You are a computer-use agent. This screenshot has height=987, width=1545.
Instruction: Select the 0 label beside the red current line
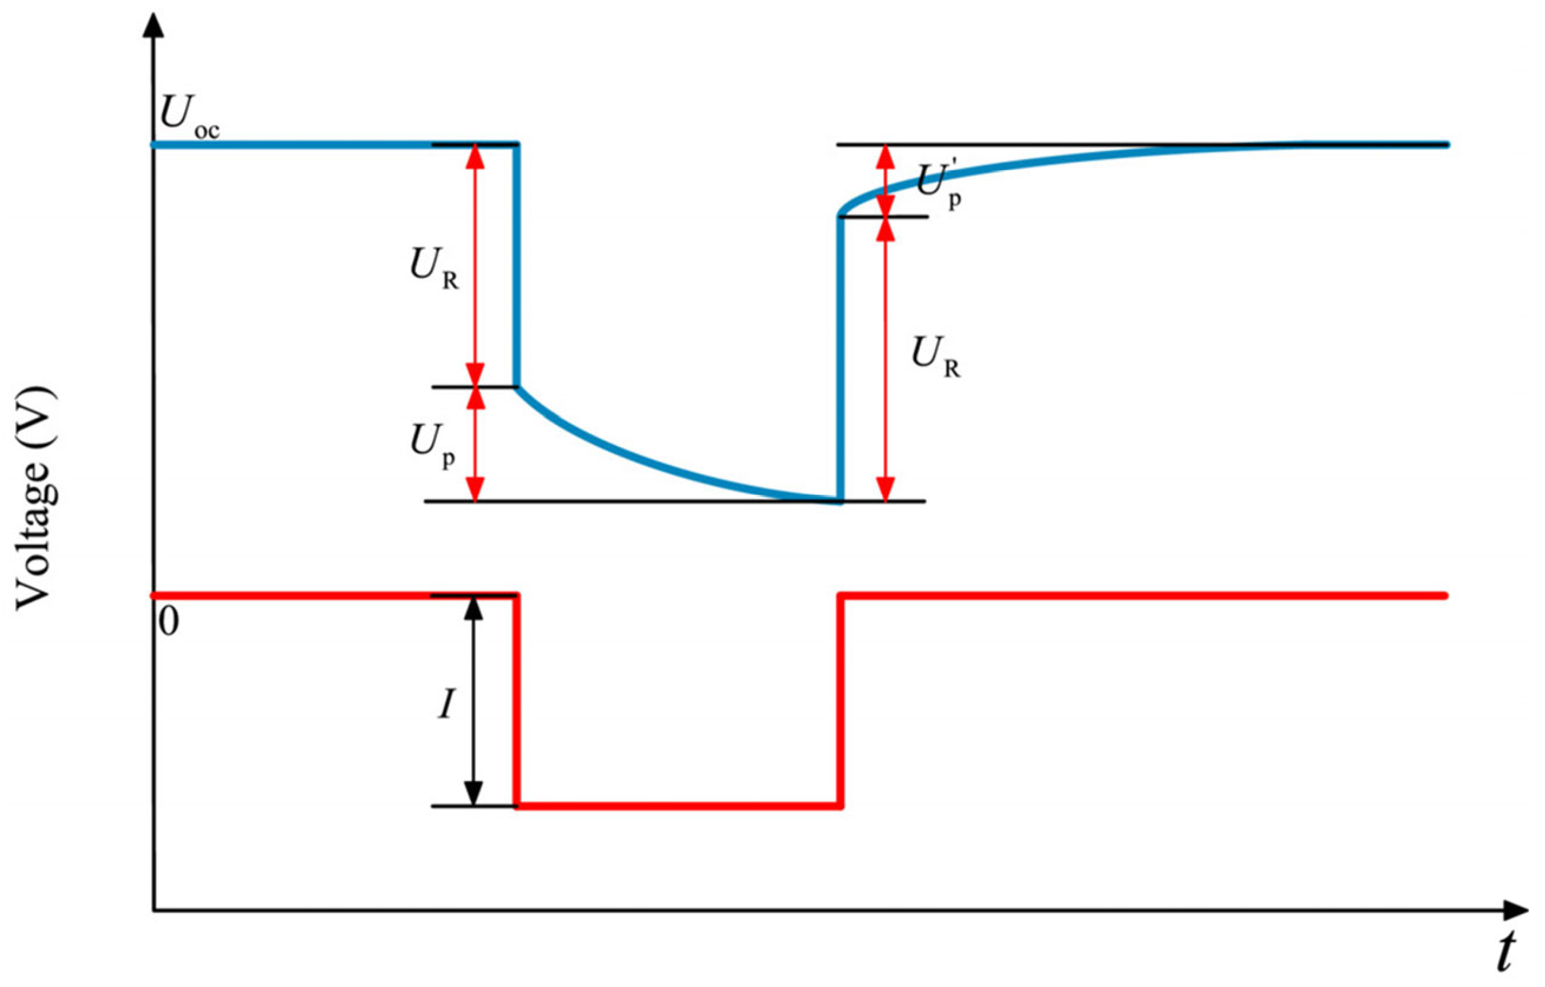[x=168, y=621]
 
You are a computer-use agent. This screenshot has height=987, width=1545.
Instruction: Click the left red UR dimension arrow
[x=475, y=265]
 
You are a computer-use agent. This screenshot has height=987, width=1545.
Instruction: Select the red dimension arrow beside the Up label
[x=475, y=444]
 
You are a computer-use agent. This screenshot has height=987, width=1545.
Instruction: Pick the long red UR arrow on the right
[x=886, y=359]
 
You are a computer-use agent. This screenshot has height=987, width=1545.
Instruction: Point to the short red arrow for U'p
[x=886, y=181]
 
